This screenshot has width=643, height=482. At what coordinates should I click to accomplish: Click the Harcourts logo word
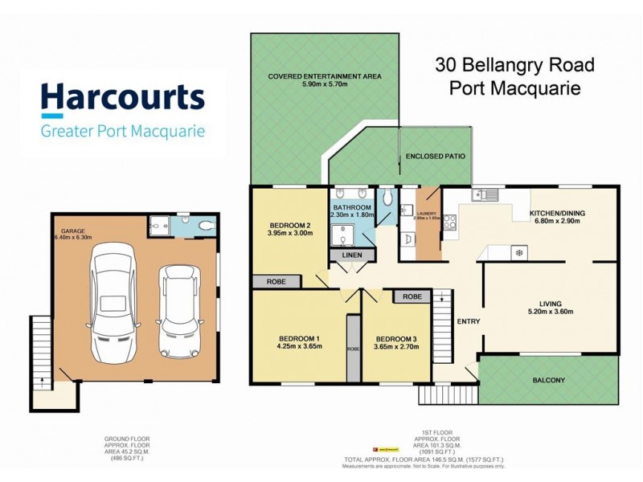coord(122,98)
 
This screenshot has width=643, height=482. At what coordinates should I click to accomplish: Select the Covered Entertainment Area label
coord(325,77)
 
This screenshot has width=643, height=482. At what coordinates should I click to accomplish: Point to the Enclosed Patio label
coord(435,156)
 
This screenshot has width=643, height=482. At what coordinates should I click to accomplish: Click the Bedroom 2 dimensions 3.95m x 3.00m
coord(290,234)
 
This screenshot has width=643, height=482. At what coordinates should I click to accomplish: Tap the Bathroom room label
coord(351,207)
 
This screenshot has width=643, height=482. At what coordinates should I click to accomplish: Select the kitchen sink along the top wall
coord(485,194)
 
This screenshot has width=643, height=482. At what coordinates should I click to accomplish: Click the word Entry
coord(469,321)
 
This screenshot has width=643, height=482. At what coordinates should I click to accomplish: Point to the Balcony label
coord(549,380)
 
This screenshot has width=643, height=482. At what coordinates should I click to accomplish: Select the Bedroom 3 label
coord(395,338)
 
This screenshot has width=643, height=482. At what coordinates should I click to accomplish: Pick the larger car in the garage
coord(118,304)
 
